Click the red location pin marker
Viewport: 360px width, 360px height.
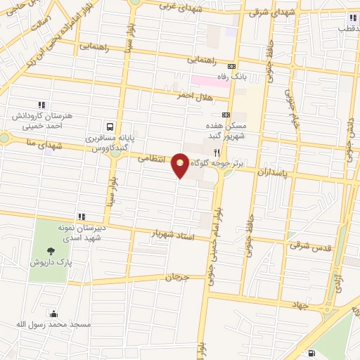pyautogui.click(x=181, y=166)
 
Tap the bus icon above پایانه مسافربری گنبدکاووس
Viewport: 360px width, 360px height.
pyautogui.click(x=110, y=127)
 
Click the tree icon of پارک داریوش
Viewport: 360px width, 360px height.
pyautogui.click(x=51, y=251)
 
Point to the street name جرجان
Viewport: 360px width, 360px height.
pyautogui.click(x=178, y=277)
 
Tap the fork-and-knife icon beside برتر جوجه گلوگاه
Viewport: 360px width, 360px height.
pyautogui.click(x=217, y=152)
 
